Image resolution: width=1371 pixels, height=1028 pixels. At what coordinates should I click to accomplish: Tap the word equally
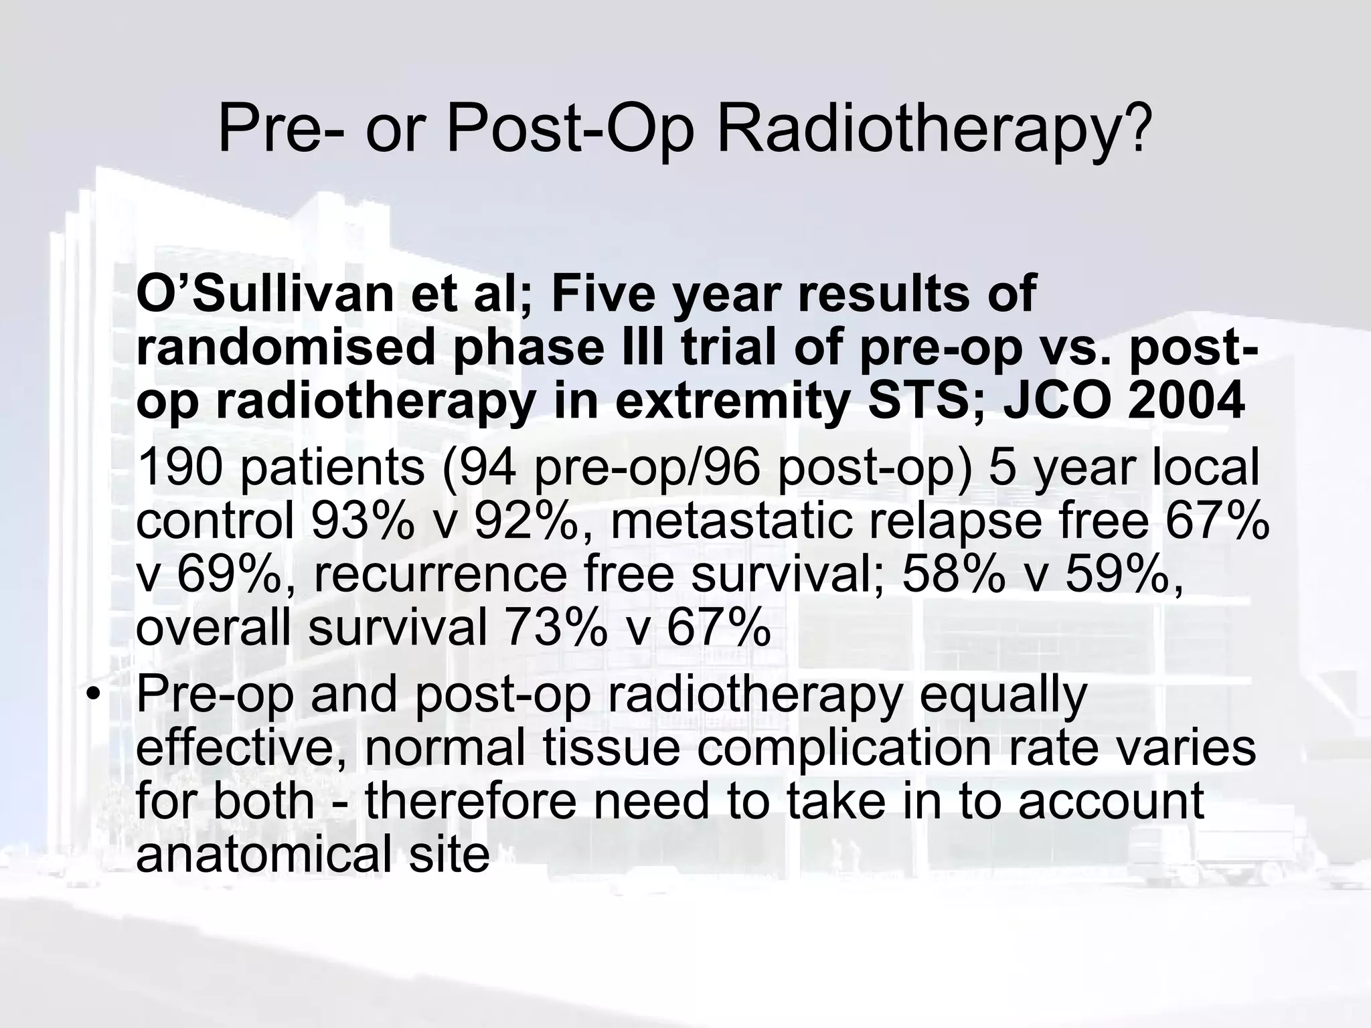tap(1003, 696)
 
